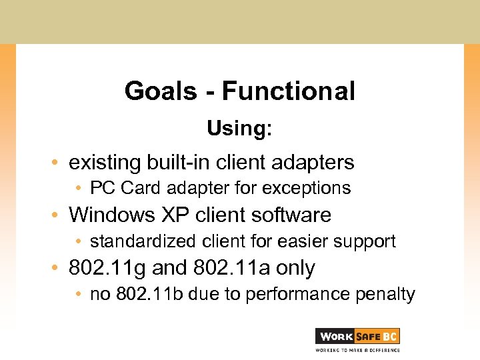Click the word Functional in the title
coord(288,91)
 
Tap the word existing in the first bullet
coord(103,162)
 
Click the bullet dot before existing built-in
coord(59,163)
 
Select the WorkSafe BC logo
coord(357,336)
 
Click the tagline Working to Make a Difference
coord(357,349)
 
